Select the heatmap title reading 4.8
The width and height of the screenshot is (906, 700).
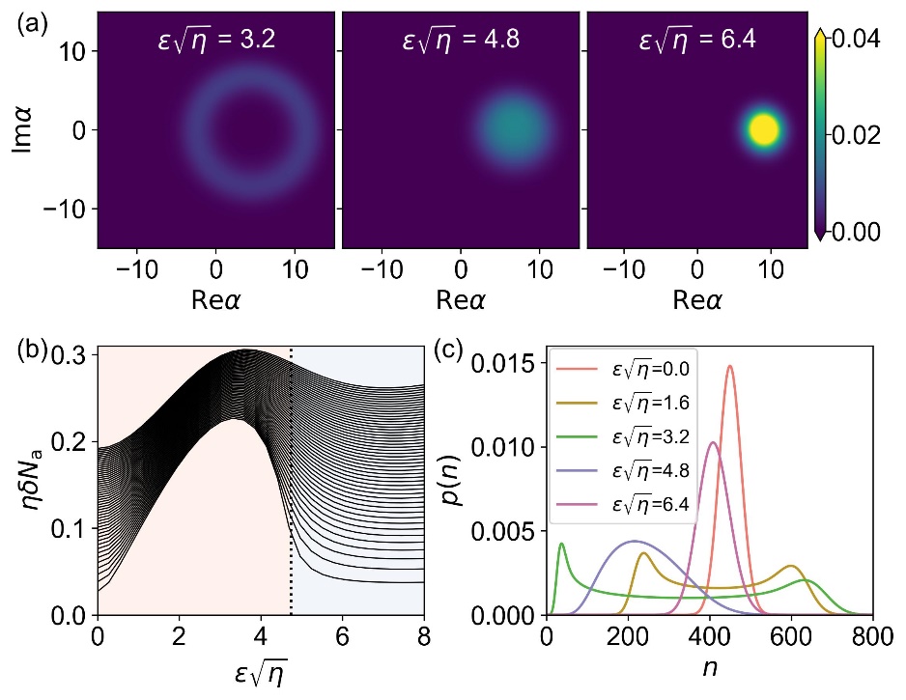tap(463, 44)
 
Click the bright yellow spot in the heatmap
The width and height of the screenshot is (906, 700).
tap(763, 128)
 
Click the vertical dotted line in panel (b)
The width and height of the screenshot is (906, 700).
tap(291, 483)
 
